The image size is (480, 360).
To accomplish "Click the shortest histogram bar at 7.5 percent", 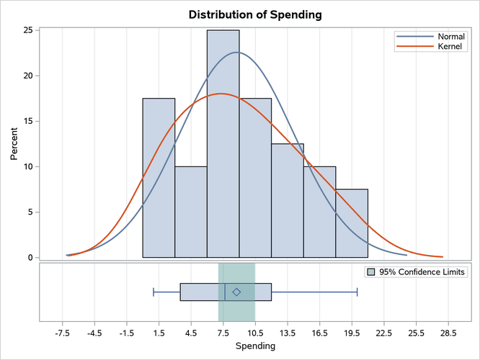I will pyautogui.click(x=352, y=223).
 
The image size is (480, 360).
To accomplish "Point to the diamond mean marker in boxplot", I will pyautogui.click(x=236, y=292).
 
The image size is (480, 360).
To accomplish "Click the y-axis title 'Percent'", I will pyautogui.click(x=14, y=144).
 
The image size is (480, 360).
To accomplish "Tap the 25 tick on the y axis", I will pyautogui.click(x=27, y=30).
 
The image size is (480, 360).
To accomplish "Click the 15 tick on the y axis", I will pyautogui.click(x=27, y=121).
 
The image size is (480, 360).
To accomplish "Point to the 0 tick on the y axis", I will pyautogui.click(x=29, y=257).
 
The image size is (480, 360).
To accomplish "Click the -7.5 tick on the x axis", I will pyautogui.click(x=63, y=333).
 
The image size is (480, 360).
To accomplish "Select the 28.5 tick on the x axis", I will pyautogui.click(x=448, y=333).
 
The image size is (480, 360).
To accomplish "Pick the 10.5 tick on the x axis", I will pyautogui.click(x=255, y=333).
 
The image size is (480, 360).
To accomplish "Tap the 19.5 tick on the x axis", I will pyautogui.click(x=352, y=333).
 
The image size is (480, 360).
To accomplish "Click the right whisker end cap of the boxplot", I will pyautogui.click(x=357, y=292).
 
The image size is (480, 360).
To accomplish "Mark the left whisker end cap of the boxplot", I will pyautogui.click(x=154, y=292).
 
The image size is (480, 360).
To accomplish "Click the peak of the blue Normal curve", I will pyautogui.click(x=237, y=52).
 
